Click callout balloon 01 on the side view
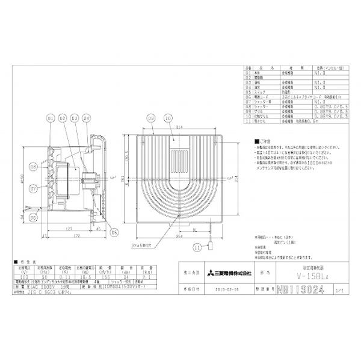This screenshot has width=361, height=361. click(51, 119)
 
